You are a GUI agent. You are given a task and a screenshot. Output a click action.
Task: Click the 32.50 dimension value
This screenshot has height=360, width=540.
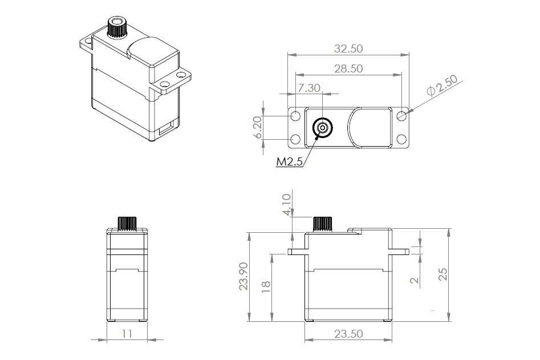(x=348, y=49)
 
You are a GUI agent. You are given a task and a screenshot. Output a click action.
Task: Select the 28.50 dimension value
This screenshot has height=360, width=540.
(x=348, y=68)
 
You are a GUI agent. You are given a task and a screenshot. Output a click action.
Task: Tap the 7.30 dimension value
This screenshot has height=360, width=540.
(x=310, y=88)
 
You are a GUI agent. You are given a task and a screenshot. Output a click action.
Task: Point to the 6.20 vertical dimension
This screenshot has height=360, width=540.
(x=258, y=127)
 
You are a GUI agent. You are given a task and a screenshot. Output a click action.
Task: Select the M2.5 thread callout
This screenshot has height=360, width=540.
(x=289, y=162)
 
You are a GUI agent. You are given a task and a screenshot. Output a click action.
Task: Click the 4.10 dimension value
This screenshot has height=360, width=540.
(x=287, y=203)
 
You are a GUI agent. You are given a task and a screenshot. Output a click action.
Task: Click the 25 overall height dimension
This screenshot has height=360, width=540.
(x=442, y=274)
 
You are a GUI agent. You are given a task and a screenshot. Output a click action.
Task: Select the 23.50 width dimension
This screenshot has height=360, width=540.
(x=348, y=334)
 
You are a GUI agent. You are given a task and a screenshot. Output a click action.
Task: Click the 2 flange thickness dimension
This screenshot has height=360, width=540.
(x=414, y=280)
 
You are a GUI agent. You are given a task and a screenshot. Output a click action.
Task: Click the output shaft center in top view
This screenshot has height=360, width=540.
(x=323, y=128)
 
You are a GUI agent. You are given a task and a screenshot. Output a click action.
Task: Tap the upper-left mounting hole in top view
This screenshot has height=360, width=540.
(x=296, y=116)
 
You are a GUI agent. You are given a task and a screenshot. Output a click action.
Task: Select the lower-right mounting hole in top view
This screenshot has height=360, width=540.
(x=401, y=139)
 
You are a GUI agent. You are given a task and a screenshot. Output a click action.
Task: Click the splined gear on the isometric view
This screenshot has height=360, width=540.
(x=117, y=27)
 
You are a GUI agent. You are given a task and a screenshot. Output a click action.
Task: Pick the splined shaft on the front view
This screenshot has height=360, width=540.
(x=323, y=224)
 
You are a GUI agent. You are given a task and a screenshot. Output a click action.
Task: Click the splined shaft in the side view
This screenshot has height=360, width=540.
(x=127, y=222)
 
